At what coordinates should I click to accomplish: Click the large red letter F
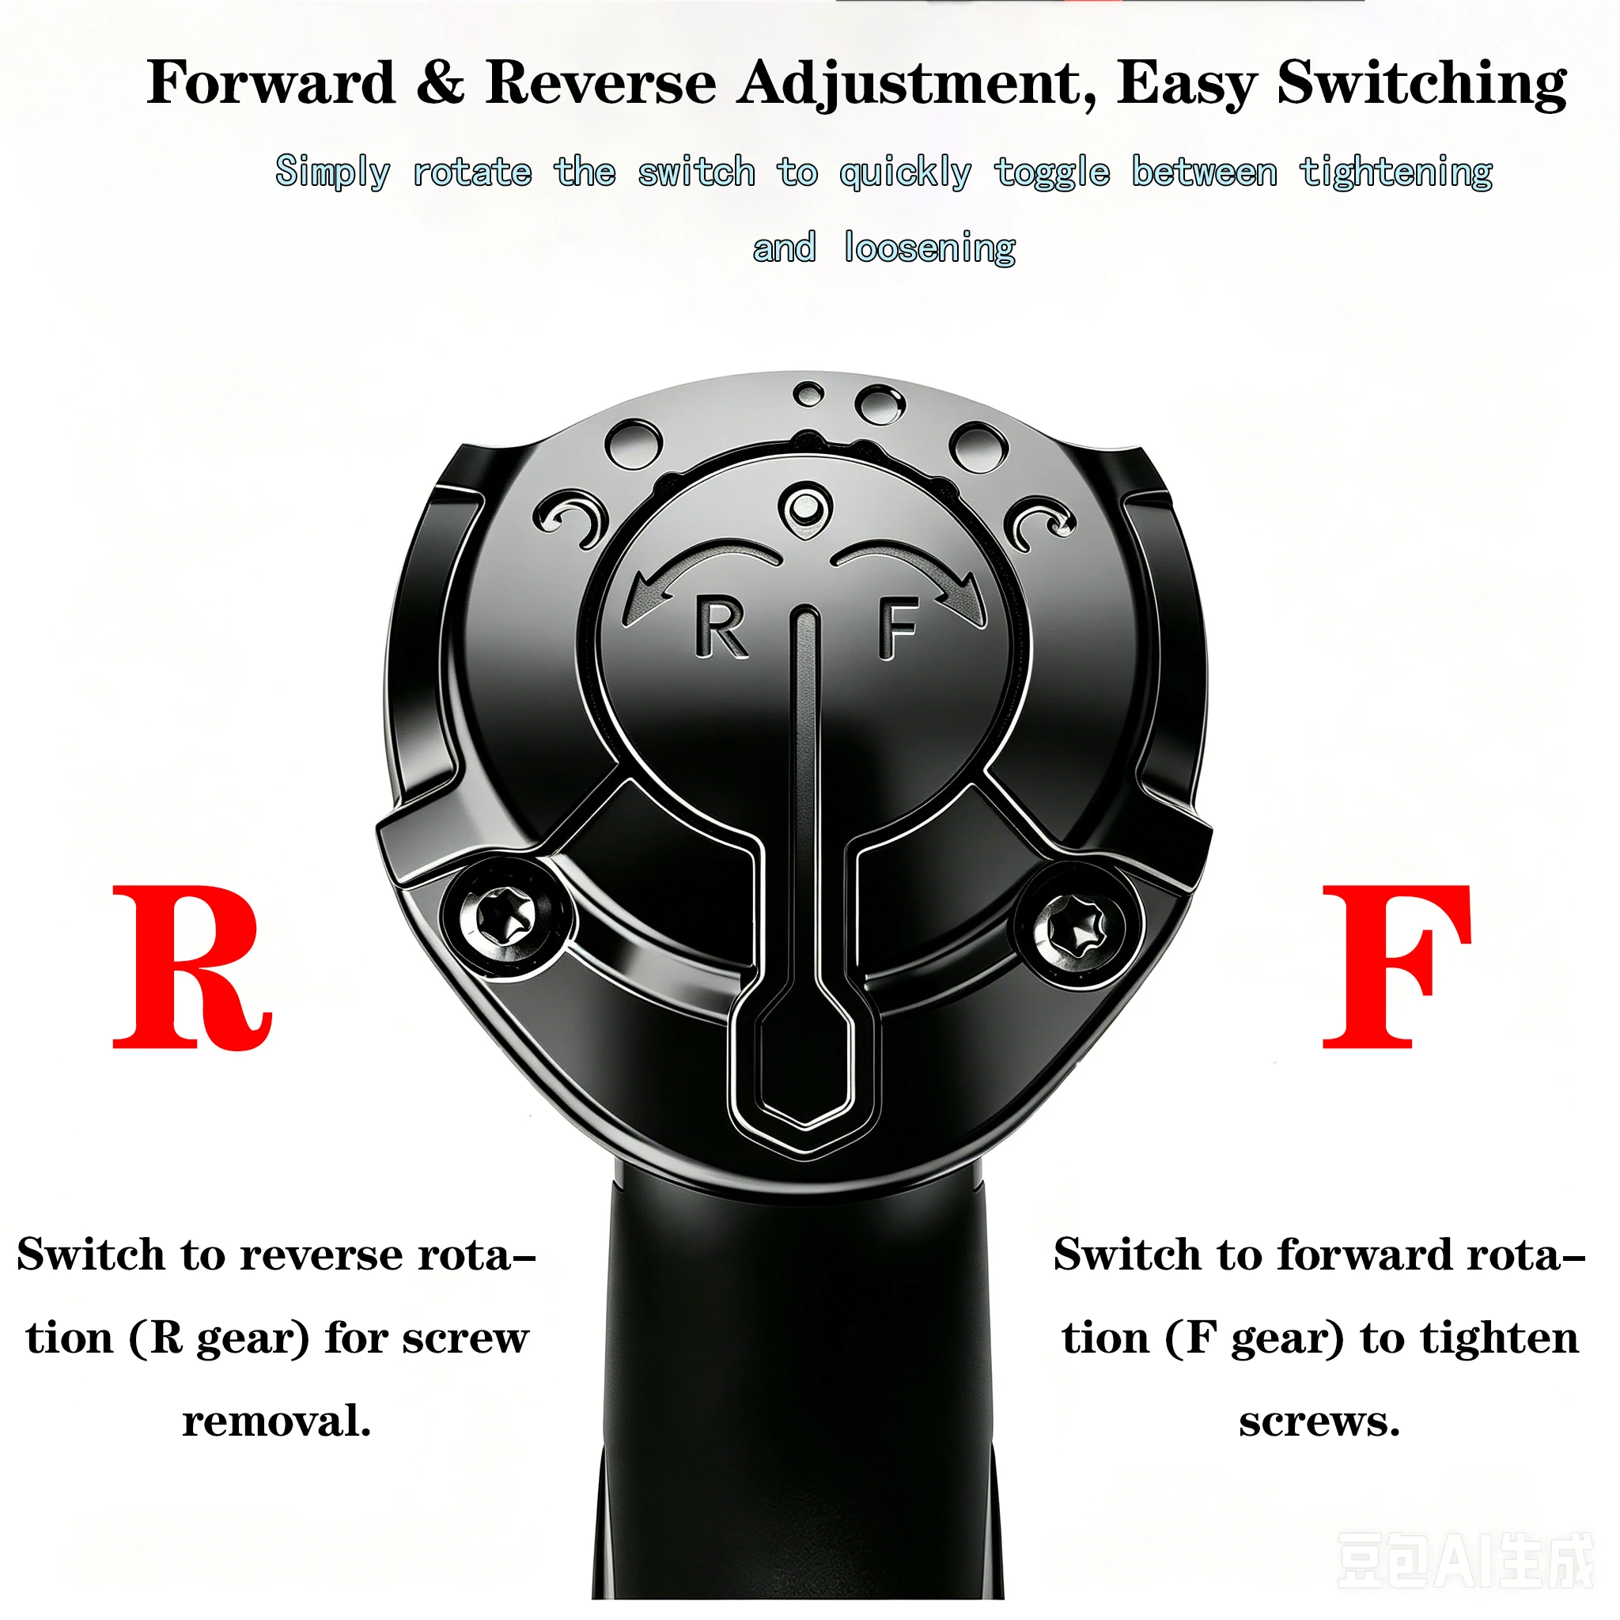pos(1396,966)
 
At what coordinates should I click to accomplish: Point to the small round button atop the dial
pos(805,506)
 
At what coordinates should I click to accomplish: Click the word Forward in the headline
pos(271,83)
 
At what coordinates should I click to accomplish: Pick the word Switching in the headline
pos(1422,85)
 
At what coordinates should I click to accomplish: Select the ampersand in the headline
pos(441,83)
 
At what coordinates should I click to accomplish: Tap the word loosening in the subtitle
pos(929,248)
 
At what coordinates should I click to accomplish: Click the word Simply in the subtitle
pos(333,172)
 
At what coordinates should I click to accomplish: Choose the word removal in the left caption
pos(276,1421)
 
